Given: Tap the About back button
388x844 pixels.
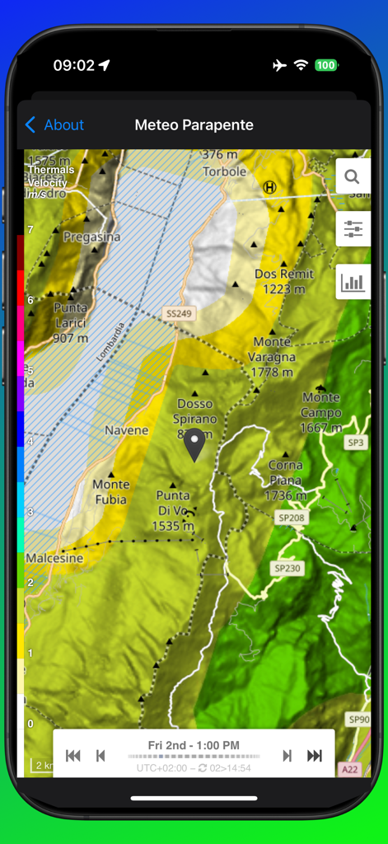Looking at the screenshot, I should (54, 125).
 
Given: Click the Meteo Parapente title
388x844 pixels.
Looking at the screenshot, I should (194, 125).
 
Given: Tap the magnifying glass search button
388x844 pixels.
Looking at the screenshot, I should (353, 176).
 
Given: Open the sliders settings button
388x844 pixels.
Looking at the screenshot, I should (353, 229).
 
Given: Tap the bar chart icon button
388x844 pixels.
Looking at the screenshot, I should (353, 283).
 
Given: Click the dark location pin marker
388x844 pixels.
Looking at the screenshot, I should (194, 444).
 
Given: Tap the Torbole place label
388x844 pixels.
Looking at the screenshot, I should (224, 171).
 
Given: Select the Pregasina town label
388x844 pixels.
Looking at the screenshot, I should (91, 237).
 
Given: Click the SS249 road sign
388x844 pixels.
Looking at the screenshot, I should (179, 314).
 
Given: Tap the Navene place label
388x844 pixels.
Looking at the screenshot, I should (126, 430).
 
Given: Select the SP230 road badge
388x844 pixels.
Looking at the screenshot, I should (287, 568).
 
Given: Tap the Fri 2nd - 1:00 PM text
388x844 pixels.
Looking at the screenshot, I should (194, 745).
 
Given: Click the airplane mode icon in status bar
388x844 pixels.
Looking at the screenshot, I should (279, 66).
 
